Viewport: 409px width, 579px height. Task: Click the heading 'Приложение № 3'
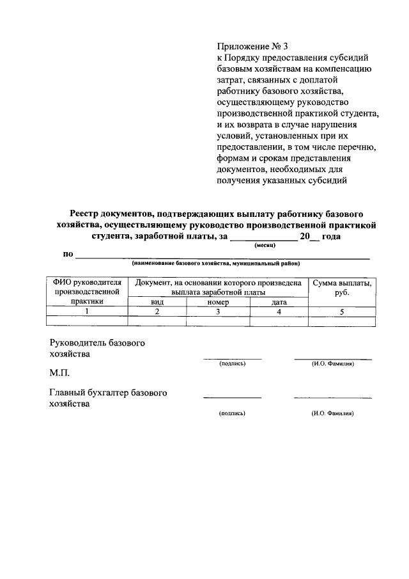click(253, 45)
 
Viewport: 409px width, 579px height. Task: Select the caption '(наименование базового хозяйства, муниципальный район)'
click(216, 264)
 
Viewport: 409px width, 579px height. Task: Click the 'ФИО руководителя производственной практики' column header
click(88, 291)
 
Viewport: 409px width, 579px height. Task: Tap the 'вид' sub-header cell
click(157, 302)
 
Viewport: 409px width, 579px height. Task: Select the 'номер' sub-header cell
click(217, 302)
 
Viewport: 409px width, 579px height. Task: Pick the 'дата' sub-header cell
click(279, 302)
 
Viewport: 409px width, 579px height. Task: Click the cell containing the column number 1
click(88, 312)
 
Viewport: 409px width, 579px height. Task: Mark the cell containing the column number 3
click(217, 312)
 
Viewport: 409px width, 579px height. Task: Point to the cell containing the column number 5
click(341, 312)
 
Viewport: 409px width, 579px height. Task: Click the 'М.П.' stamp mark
click(59, 373)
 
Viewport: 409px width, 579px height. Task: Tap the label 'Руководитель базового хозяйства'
click(96, 347)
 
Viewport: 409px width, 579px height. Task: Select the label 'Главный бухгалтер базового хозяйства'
click(108, 398)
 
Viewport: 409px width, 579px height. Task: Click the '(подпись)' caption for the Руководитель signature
click(232, 363)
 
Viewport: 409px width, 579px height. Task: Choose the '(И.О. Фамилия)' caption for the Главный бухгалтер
click(333, 413)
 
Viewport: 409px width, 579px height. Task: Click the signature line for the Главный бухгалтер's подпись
click(232, 398)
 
